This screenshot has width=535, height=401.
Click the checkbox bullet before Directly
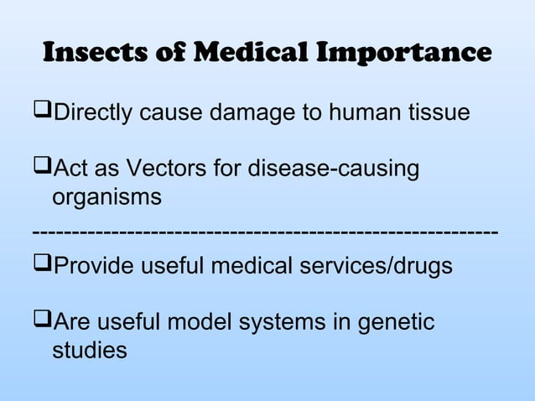pos(43,112)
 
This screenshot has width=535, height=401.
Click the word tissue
pos(431,112)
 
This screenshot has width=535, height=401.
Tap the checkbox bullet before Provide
pos(43,265)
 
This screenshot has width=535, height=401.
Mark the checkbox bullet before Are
pos(43,322)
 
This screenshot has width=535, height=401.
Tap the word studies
pos(90,351)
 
